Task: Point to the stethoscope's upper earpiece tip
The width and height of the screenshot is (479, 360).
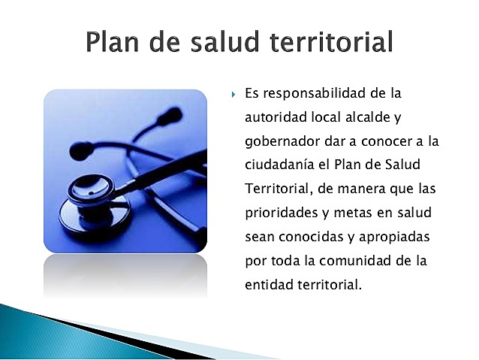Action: pyautogui.click(x=171, y=116)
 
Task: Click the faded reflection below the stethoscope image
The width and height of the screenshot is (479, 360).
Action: pyautogui.click(x=125, y=274)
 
